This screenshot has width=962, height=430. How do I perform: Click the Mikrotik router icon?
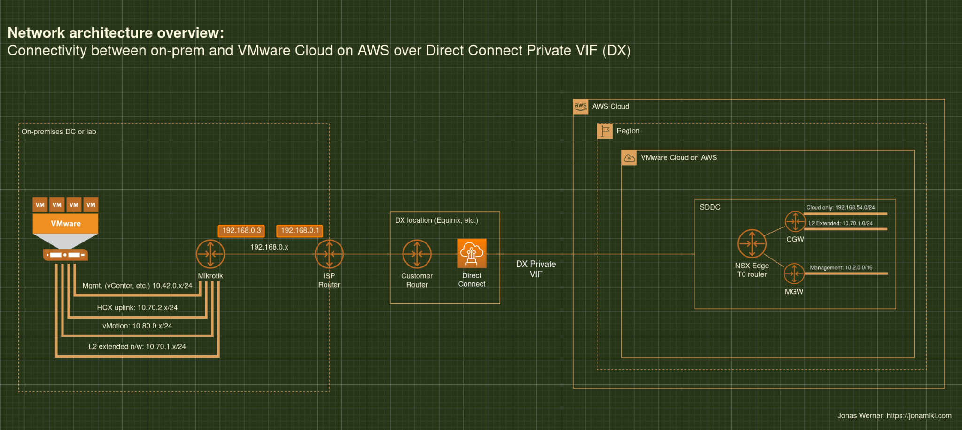[x=210, y=254]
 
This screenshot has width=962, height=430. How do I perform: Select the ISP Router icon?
[x=329, y=254]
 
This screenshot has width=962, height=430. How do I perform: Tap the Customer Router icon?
[x=417, y=254]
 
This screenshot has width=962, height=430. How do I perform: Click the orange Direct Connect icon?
[x=472, y=253]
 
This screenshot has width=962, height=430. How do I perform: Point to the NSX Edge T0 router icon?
[x=752, y=243]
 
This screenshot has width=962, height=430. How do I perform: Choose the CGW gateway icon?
[x=795, y=221]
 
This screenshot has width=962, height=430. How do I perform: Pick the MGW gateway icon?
[x=794, y=274]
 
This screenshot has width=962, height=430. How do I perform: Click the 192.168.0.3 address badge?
[x=241, y=231]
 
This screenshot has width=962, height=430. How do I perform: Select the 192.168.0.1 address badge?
[x=300, y=231]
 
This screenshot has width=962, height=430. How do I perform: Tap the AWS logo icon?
[x=581, y=107]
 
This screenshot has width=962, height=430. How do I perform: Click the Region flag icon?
[x=605, y=131]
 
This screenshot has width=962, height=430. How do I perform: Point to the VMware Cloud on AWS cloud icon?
[x=629, y=158]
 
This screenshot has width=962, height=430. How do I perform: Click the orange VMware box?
[x=65, y=224]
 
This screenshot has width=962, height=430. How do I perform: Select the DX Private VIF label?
[x=536, y=269]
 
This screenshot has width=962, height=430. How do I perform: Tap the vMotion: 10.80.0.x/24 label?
[x=137, y=326]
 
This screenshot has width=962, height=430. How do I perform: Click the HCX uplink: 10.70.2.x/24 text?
[x=137, y=308]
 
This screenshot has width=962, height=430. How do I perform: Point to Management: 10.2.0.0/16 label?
[x=841, y=268]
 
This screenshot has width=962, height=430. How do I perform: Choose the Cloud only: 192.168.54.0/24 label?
[x=840, y=208]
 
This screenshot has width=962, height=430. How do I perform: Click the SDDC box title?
[x=710, y=207]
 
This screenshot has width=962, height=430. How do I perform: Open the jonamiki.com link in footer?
[x=919, y=416]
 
